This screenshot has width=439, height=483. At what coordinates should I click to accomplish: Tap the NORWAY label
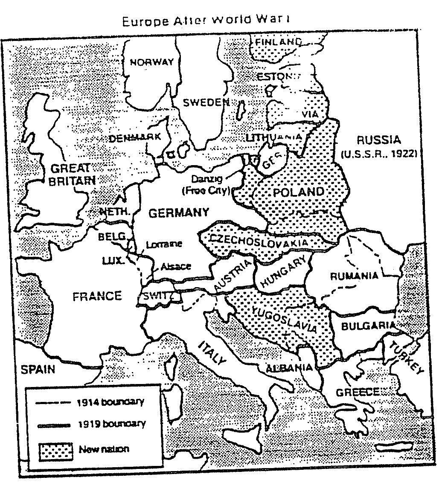pos(151,62)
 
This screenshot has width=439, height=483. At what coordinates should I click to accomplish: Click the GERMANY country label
pos(178,212)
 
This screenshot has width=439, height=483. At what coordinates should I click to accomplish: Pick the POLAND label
pos(298,192)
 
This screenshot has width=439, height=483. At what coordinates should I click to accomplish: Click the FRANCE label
pos(97,296)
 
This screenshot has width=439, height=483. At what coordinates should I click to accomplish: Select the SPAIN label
pos(38,369)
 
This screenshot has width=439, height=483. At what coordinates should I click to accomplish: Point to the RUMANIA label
pos(354,276)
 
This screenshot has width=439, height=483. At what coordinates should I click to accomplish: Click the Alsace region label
pos(176,267)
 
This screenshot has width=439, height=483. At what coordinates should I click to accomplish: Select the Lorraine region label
pos(164,244)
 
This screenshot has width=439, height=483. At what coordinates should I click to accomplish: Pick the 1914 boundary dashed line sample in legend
pos(54,402)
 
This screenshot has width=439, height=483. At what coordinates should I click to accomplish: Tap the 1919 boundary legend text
pos(111,424)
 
